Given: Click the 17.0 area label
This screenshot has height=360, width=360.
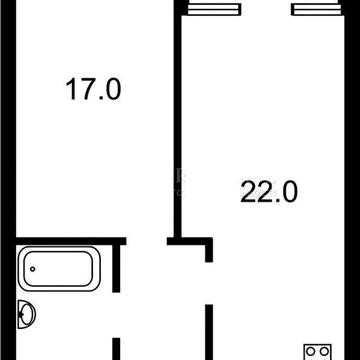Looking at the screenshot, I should pyautogui.click(x=93, y=91).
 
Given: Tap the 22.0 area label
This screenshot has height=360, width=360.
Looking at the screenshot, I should pyautogui.click(x=269, y=189).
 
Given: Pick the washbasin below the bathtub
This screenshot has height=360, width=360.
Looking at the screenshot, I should pyautogui.click(x=27, y=315).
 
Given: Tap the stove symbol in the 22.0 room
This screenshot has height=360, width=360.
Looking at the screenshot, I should pyautogui.click(x=318, y=350).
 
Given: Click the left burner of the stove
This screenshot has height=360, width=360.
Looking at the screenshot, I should pyautogui.click(x=310, y=351).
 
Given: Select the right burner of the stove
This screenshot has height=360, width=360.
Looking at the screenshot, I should pyautogui.click(x=325, y=351).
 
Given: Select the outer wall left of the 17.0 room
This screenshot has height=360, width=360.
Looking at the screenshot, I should pyautogui.click(x=4, y=120).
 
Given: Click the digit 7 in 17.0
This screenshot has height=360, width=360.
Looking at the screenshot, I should pyautogui.click(x=84, y=91).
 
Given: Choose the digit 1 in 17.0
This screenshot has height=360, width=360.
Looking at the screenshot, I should pyautogui.click(x=70, y=91).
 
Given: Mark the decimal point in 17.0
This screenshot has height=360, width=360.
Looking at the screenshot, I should pyautogui.click(x=97, y=99).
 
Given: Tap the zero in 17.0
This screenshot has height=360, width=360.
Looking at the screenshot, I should pyautogui.click(x=111, y=91).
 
